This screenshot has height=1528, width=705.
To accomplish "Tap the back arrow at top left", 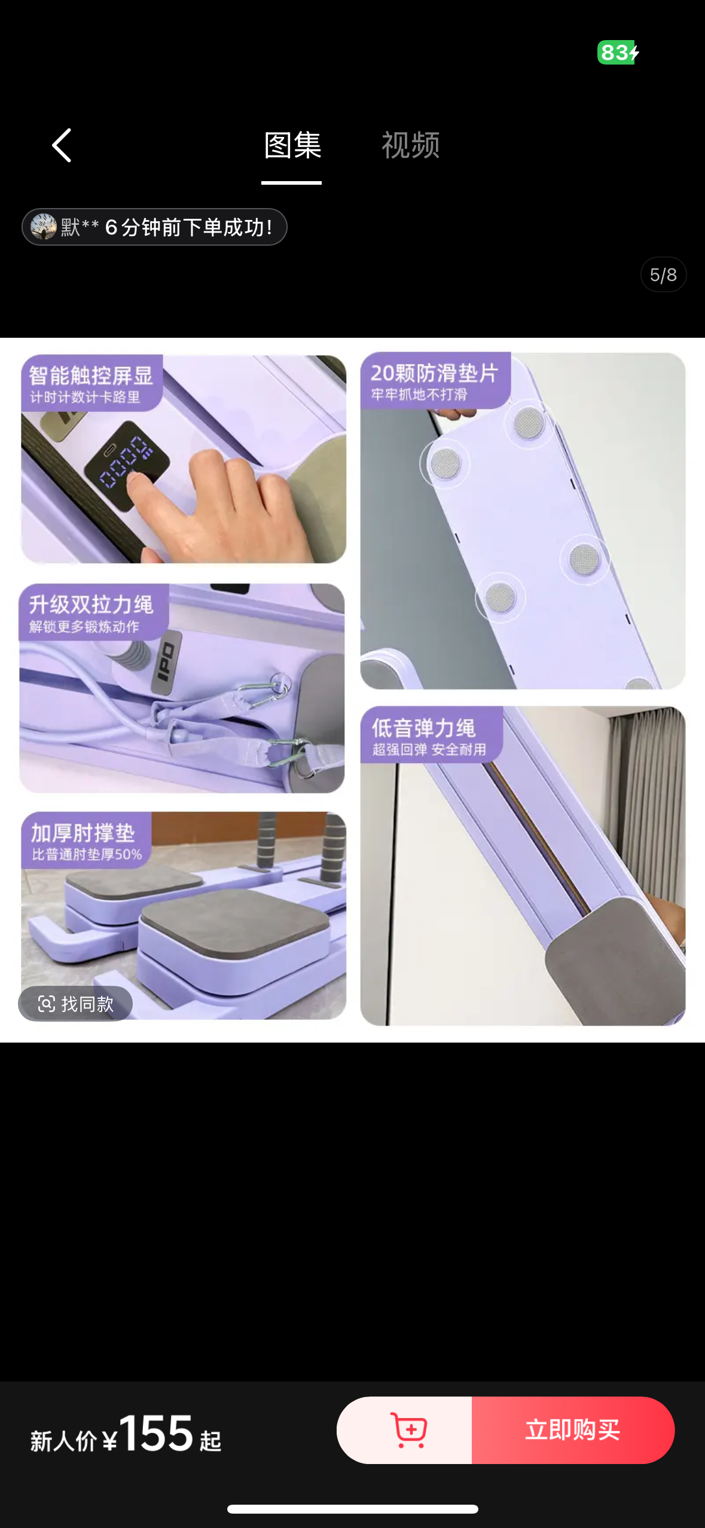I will [x=62, y=145].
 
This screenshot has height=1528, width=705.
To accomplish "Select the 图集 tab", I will [x=292, y=146].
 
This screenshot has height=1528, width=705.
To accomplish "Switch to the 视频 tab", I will [x=411, y=146].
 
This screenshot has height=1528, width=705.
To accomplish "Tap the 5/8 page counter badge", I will [x=663, y=275].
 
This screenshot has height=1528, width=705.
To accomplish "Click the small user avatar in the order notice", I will [x=44, y=227].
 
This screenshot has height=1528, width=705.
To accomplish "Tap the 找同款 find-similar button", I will [x=76, y=1004].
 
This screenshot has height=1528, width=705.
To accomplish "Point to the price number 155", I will [x=157, y=1433].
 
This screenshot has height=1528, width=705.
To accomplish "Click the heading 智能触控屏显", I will [x=91, y=375].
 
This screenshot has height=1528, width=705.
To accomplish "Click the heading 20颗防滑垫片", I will [x=434, y=373].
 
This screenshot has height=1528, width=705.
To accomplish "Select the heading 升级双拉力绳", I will [x=91, y=604].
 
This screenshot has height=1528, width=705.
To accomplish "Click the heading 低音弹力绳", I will [x=423, y=728].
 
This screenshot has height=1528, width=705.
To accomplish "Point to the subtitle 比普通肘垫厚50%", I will [x=87, y=854].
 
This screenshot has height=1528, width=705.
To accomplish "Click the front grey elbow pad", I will [x=235, y=921].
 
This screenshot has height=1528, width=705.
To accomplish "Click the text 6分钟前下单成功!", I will [x=188, y=227].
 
